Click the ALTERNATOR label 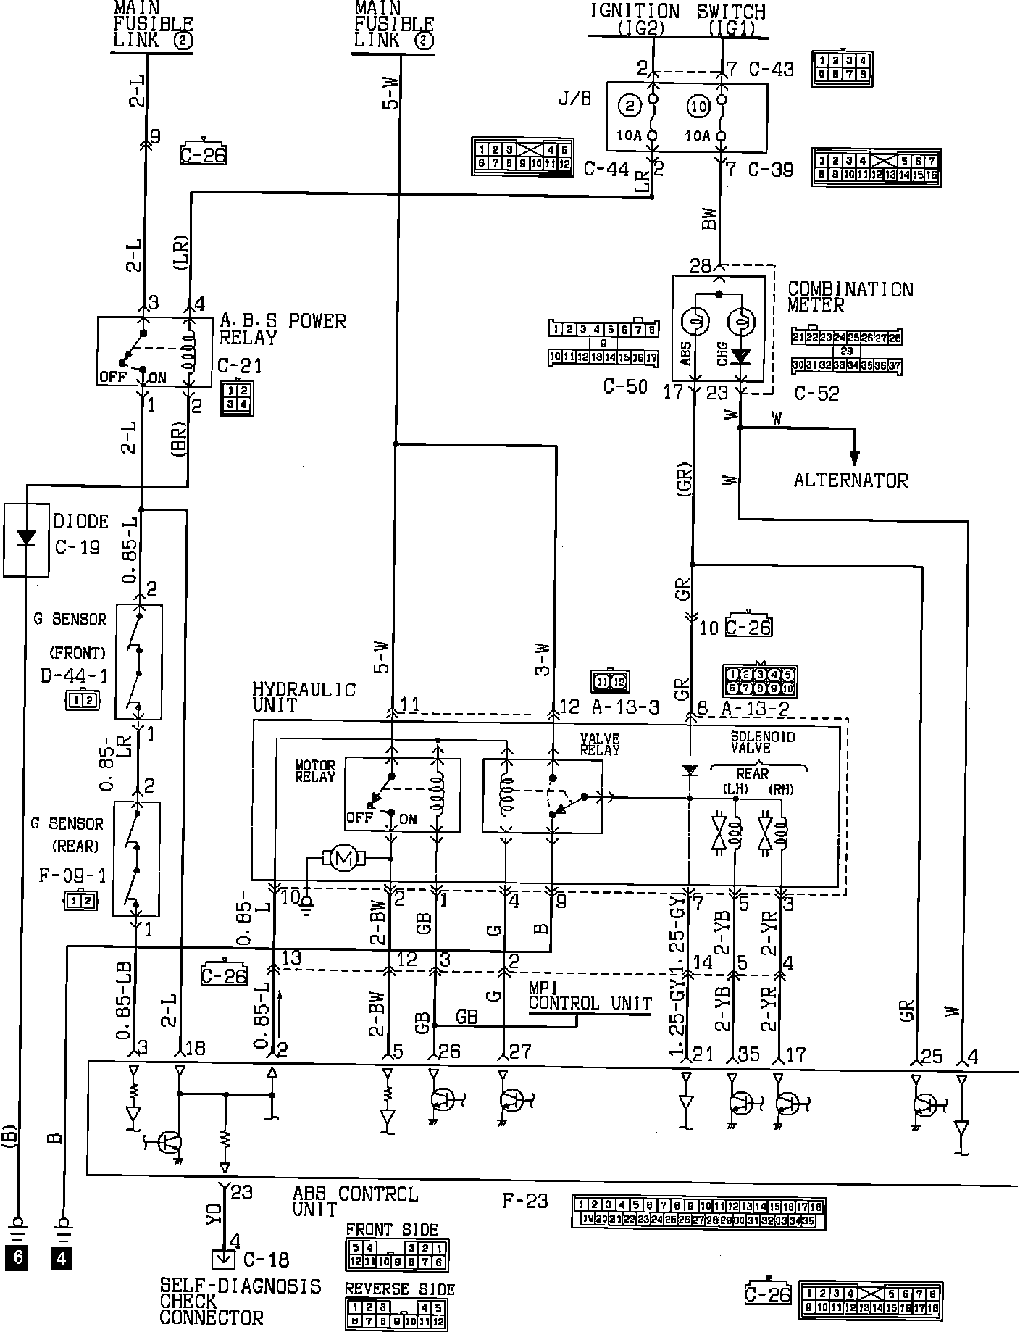coord(850,480)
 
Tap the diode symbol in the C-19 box coord(27,538)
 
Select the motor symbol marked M coord(343,859)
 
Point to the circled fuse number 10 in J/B coord(698,107)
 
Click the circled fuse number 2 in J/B coord(630,107)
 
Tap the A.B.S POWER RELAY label coord(283,329)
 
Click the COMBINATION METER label coord(850,297)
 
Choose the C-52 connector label coord(816,394)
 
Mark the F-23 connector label coord(525,1201)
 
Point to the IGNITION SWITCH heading coord(677,12)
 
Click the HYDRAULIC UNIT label coord(304,697)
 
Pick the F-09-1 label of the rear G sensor coord(72,876)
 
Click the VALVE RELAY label coord(599,744)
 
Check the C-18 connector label coord(266,1260)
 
